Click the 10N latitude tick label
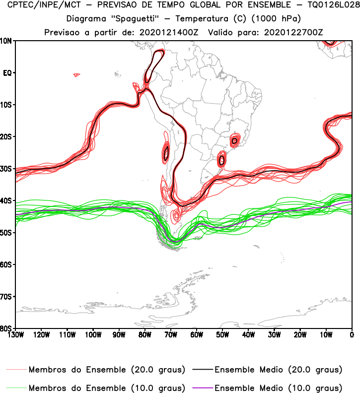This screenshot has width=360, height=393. pyautogui.click(x=6, y=41)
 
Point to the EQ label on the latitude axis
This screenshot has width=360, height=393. pyautogui.click(x=7, y=73)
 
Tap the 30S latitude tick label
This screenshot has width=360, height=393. pyautogui.click(x=6, y=169)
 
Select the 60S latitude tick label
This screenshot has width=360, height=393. pyautogui.click(x=6, y=264)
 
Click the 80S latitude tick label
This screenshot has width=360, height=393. pyautogui.click(x=6, y=328)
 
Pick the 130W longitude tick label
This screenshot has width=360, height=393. pyautogui.click(x=15, y=334)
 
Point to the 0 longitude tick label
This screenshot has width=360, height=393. pyautogui.click(x=352, y=334)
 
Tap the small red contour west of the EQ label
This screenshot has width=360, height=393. pyautogui.click(x=76, y=75)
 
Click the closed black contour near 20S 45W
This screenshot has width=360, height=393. pyautogui.click(x=234, y=141)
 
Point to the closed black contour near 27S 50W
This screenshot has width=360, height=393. pyautogui.click(x=222, y=160)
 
